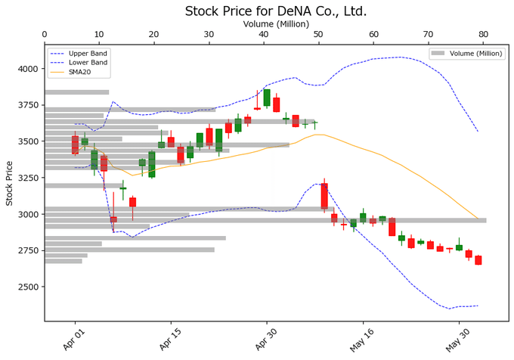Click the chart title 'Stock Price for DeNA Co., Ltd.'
276,11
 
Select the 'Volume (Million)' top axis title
276,24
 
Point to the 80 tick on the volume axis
483,35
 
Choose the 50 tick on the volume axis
318,35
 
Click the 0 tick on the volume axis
45,35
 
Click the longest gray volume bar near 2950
265,220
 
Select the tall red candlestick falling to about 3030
324,196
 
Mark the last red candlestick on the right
478,260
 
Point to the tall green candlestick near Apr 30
267,98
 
